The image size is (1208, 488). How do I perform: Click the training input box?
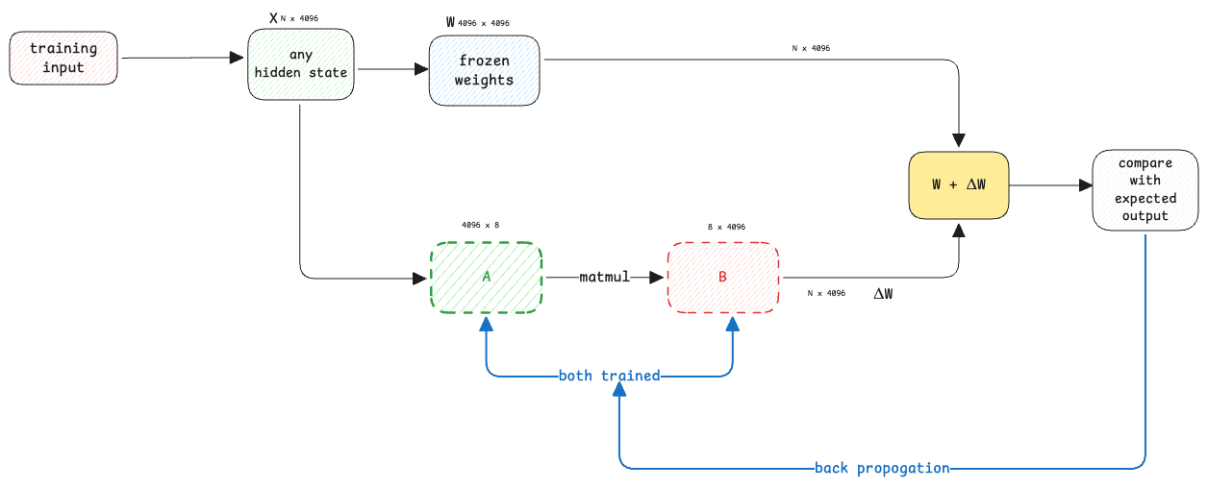tap(63, 58)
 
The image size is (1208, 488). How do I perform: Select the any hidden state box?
tap(300, 64)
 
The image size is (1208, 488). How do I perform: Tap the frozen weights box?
tap(484, 70)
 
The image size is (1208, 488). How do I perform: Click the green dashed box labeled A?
tap(486, 278)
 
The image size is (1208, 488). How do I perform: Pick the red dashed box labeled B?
tap(722, 278)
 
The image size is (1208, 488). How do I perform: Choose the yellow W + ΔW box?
tap(958, 185)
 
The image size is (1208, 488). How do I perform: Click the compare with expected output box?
tap(1145, 190)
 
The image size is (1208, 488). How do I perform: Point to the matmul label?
tap(604, 277)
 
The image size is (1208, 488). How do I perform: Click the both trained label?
tap(609, 376)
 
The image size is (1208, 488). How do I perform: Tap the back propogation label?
tap(882, 468)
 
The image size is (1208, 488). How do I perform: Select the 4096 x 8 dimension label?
tap(480, 225)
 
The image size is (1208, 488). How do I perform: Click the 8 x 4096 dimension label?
tap(726, 227)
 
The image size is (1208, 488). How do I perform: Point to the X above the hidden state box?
tap(273, 18)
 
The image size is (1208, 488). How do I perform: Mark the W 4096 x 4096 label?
tap(478, 23)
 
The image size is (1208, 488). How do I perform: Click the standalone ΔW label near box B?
tap(883, 294)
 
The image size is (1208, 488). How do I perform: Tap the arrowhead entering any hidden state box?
tap(237, 57)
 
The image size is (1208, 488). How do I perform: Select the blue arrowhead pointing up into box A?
tap(486, 324)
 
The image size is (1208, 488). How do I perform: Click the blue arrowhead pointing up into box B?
tap(732, 324)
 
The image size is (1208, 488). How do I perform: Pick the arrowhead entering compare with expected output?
tap(1086, 185)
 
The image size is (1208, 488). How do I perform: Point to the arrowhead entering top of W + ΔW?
tap(958, 140)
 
